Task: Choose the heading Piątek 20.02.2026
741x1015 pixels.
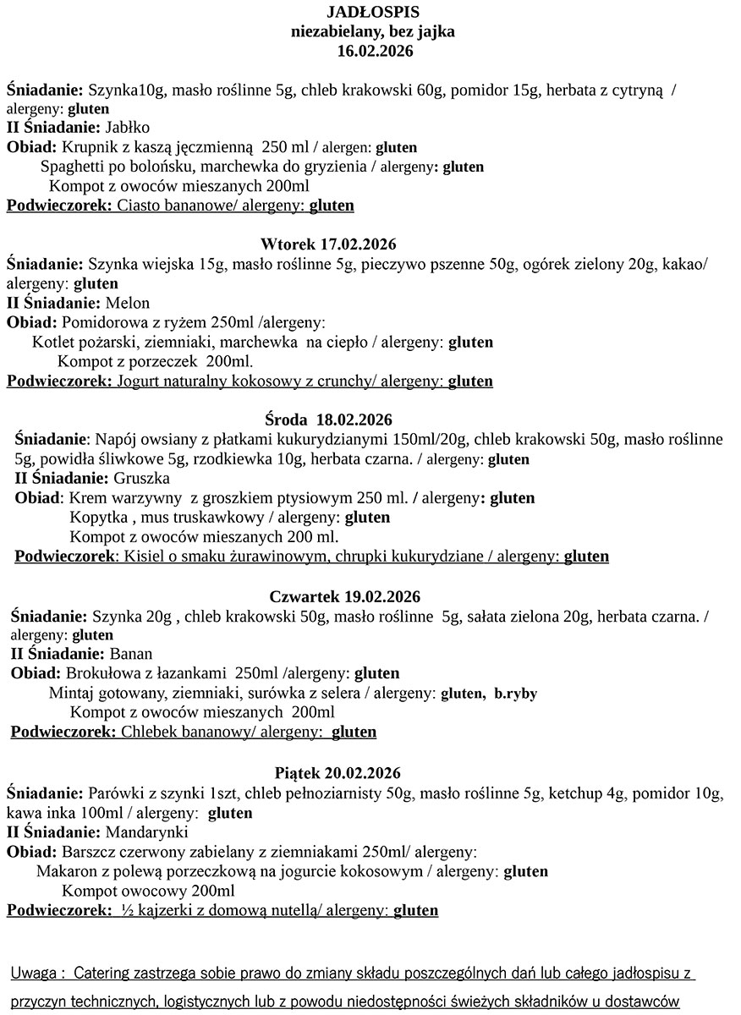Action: tap(338, 773)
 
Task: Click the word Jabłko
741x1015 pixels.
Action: tap(128, 128)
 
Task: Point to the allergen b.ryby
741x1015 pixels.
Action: tap(515, 694)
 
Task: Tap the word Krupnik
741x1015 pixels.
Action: tap(88, 147)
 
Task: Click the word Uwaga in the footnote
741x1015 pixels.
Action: tap(34, 974)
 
